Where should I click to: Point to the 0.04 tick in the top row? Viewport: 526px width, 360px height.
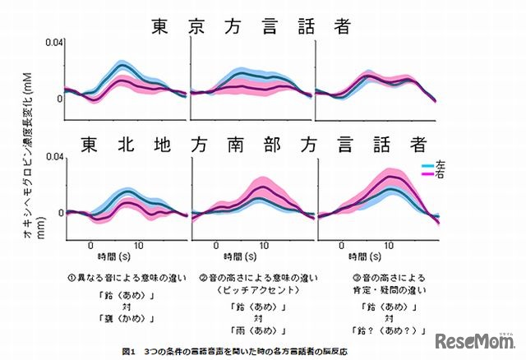tap(53, 42)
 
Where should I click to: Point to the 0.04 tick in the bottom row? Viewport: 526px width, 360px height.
tap(53, 156)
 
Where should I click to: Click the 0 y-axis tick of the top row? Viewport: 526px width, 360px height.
tap(58, 99)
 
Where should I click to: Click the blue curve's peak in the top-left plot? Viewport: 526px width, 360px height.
tap(122, 64)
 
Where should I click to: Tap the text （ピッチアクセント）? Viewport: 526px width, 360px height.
tap(250, 290)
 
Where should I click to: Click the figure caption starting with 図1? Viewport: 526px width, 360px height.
tap(234, 349)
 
